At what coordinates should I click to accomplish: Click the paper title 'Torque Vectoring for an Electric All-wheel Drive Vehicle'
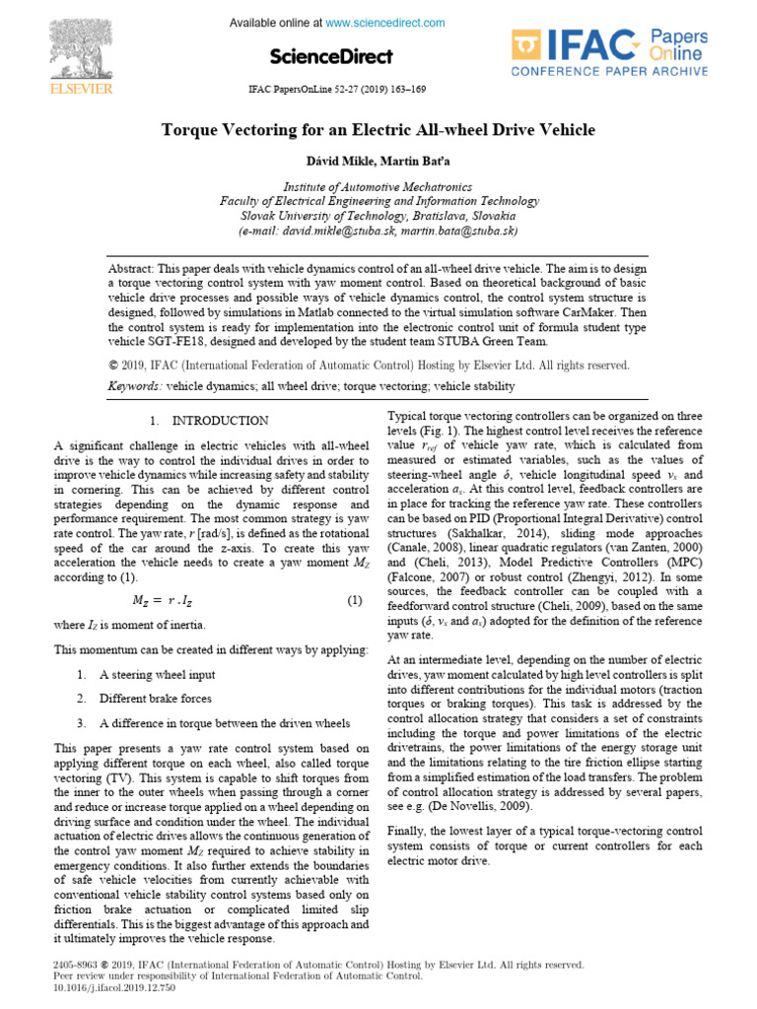point(378,130)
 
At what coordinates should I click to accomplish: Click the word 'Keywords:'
point(135,387)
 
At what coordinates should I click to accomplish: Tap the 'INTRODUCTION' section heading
point(220,421)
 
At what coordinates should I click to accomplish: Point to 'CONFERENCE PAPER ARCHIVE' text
point(608,71)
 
